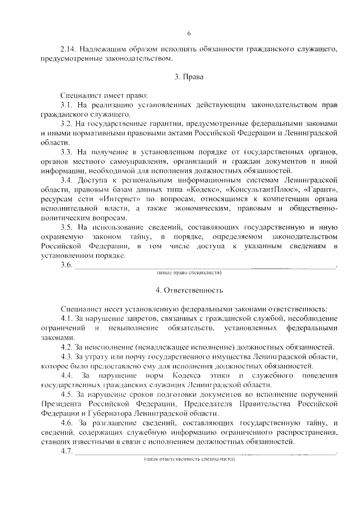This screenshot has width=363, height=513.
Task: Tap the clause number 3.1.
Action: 66,105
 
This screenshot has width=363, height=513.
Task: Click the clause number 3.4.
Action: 66,180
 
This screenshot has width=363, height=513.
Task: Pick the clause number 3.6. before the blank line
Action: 66,265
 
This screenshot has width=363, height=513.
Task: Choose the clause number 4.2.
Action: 66,347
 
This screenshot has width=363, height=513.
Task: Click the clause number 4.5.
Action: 66,394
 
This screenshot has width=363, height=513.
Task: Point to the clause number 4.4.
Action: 67,375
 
